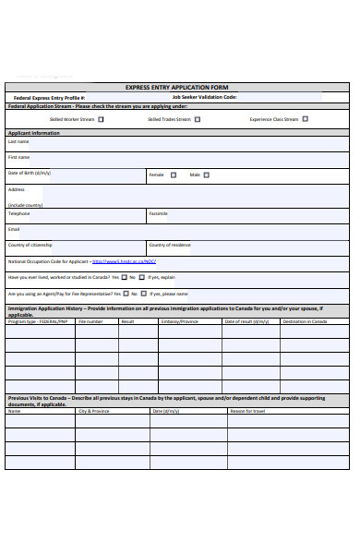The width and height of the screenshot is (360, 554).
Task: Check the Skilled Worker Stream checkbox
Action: tap(101, 119)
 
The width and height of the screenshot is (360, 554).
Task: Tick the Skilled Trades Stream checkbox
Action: tap(197, 119)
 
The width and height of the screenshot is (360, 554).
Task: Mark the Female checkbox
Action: tap(172, 175)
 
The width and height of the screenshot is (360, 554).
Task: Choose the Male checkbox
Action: tap(207, 175)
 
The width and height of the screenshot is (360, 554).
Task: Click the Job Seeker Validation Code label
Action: tap(204, 97)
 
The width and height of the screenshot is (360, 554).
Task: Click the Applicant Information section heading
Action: tap(34, 133)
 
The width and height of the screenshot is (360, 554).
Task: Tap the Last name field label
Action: tap(18, 142)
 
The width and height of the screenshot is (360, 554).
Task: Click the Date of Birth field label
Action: tap(30, 173)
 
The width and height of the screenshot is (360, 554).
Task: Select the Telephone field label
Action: tap(19, 213)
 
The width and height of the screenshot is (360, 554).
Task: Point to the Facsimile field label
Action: tap(159, 213)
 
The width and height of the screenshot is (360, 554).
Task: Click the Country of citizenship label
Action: tap(30, 245)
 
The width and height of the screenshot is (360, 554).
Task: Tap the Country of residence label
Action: tap(170, 245)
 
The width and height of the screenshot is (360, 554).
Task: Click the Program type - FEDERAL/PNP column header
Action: tap(38, 321)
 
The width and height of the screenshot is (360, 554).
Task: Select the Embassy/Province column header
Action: tap(179, 321)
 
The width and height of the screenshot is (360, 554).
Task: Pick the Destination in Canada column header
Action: tap(305, 321)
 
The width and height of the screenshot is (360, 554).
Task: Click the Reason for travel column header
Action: tap(246, 411)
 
